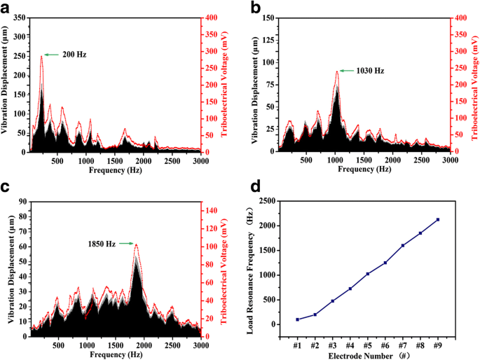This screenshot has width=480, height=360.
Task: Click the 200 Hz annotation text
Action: tap(74, 54)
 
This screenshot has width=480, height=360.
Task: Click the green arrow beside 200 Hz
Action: tap(52, 54)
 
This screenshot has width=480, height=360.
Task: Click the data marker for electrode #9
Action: tap(438, 219)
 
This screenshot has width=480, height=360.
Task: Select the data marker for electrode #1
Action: tap(298, 319)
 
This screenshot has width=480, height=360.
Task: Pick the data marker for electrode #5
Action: tap(368, 274)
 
